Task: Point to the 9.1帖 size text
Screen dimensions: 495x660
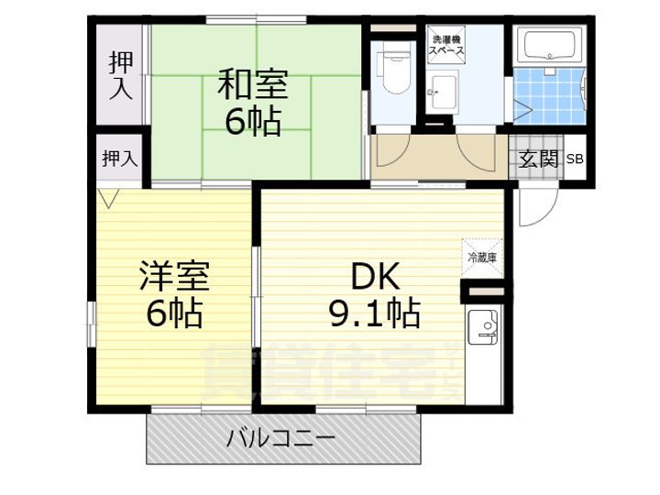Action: tap(374, 313)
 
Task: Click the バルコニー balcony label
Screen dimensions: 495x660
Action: tap(280, 437)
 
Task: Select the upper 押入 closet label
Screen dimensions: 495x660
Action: tap(120, 74)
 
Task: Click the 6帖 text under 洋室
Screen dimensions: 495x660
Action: tap(174, 313)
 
